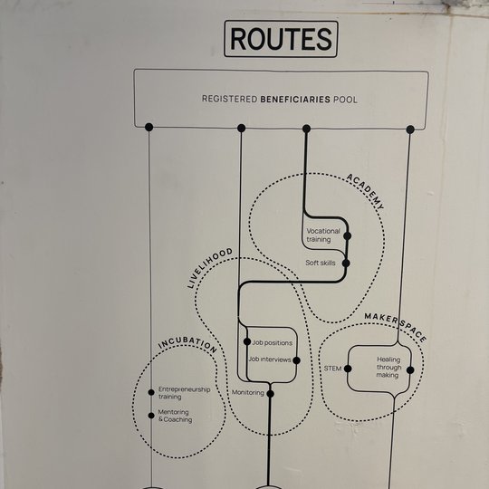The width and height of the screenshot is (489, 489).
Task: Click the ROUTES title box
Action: pyautogui.click(x=281, y=39)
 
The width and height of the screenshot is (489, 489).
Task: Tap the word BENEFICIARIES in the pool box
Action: pyautogui.click(x=295, y=100)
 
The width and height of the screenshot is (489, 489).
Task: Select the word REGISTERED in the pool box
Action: pyautogui.click(x=229, y=99)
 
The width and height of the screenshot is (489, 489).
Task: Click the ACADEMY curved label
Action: pyautogui.click(x=366, y=191)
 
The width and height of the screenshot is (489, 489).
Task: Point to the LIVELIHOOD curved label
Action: pyautogui.click(x=209, y=267)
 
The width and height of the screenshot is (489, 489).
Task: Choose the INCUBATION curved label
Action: pyautogui.click(x=187, y=343)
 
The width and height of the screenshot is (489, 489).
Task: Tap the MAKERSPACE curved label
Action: pyautogui.click(x=396, y=326)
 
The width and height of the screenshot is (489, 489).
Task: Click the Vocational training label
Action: pyautogui.click(x=322, y=235)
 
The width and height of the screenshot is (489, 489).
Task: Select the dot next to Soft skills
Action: pyautogui.click(x=346, y=264)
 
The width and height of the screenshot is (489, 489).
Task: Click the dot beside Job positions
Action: pyautogui.click(x=247, y=341)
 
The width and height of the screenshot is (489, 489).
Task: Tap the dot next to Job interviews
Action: pyautogui.click(x=296, y=360)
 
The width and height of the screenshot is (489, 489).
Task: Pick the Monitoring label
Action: pyautogui.click(x=247, y=393)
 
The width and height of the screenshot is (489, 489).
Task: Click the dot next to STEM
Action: pyautogui.click(x=348, y=369)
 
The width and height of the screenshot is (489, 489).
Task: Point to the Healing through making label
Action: pyautogui.click(x=388, y=368)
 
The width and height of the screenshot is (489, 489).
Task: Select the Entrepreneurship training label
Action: pyautogui.click(x=184, y=393)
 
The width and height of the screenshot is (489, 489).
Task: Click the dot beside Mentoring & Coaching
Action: pyautogui.click(x=151, y=416)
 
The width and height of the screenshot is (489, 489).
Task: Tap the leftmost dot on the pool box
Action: pyautogui.click(x=149, y=127)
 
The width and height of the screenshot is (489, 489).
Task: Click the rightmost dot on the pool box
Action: pyautogui.click(x=410, y=129)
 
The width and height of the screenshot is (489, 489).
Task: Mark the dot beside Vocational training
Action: pyautogui.click(x=348, y=236)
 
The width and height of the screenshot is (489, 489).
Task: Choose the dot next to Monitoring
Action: pyautogui.click(x=271, y=394)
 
